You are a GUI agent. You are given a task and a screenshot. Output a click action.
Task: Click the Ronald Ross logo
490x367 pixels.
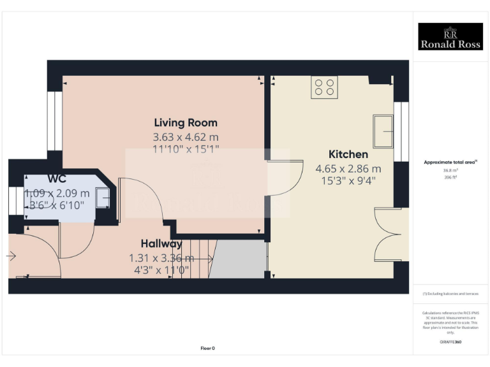pyautogui.click(x=450, y=36)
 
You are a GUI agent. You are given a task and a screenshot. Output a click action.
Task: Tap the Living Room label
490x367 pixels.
pyautogui.click(x=186, y=122)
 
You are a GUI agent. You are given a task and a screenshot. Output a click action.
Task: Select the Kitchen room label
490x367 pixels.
pyautogui.click(x=348, y=154)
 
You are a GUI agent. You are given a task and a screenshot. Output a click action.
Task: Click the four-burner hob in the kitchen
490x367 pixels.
pyautogui.click(x=324, y=87)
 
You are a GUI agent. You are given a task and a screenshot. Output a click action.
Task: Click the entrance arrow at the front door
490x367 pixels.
pyautogui.click(x=11, y=256)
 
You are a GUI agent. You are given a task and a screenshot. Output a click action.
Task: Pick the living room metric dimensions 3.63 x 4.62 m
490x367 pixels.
pyautogui.click(x=186, y=137)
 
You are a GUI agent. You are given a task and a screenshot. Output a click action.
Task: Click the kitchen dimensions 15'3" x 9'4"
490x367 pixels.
pyautogui.click(x=348, y=180)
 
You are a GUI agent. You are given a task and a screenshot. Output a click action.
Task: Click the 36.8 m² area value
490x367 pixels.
pyautogui.click(x=450, y=171)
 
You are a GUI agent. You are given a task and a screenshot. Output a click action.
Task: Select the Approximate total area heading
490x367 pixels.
pyautogui.click(x=450, y=162)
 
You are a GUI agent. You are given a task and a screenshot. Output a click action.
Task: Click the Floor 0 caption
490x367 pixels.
pyautogui.click(x=208, y=348)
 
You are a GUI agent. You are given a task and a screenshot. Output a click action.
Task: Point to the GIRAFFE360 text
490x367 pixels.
pyautogui.click(x=450, y=342)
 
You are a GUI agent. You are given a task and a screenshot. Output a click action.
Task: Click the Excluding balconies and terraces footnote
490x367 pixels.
pyautogui.click(x=450, y=294)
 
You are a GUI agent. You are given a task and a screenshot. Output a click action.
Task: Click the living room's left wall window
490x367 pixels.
pyautogui.click(x=55, y=121)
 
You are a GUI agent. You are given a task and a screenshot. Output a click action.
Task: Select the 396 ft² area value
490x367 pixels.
pyautogui.click(x=450, y=178)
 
